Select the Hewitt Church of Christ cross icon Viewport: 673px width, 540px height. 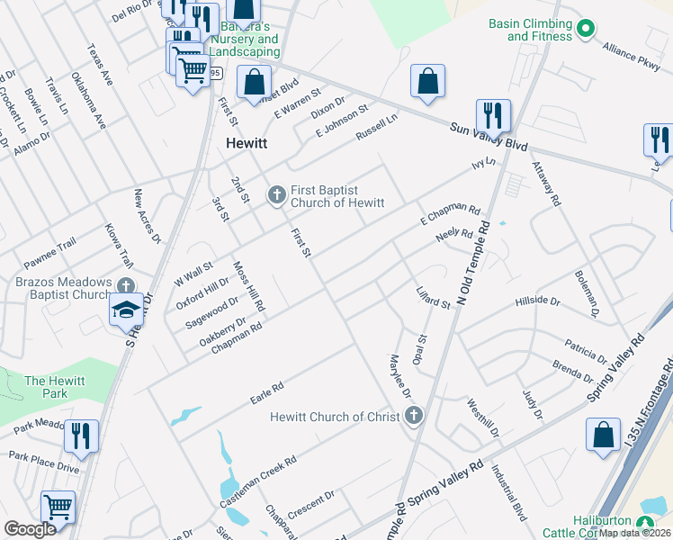(414, 416)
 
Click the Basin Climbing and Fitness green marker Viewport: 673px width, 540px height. (586, 29)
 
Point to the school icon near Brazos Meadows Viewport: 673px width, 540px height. (125, 310)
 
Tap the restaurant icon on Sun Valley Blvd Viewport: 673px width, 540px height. (492, 116)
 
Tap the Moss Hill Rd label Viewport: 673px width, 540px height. (249, 287)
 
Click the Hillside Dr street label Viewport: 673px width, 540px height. (537, 301)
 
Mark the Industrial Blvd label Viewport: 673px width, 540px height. (508, 499)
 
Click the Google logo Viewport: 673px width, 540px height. (30, 529)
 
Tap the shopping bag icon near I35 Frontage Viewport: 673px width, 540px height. (602, 436)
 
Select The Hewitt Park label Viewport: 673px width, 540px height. (55, 387)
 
